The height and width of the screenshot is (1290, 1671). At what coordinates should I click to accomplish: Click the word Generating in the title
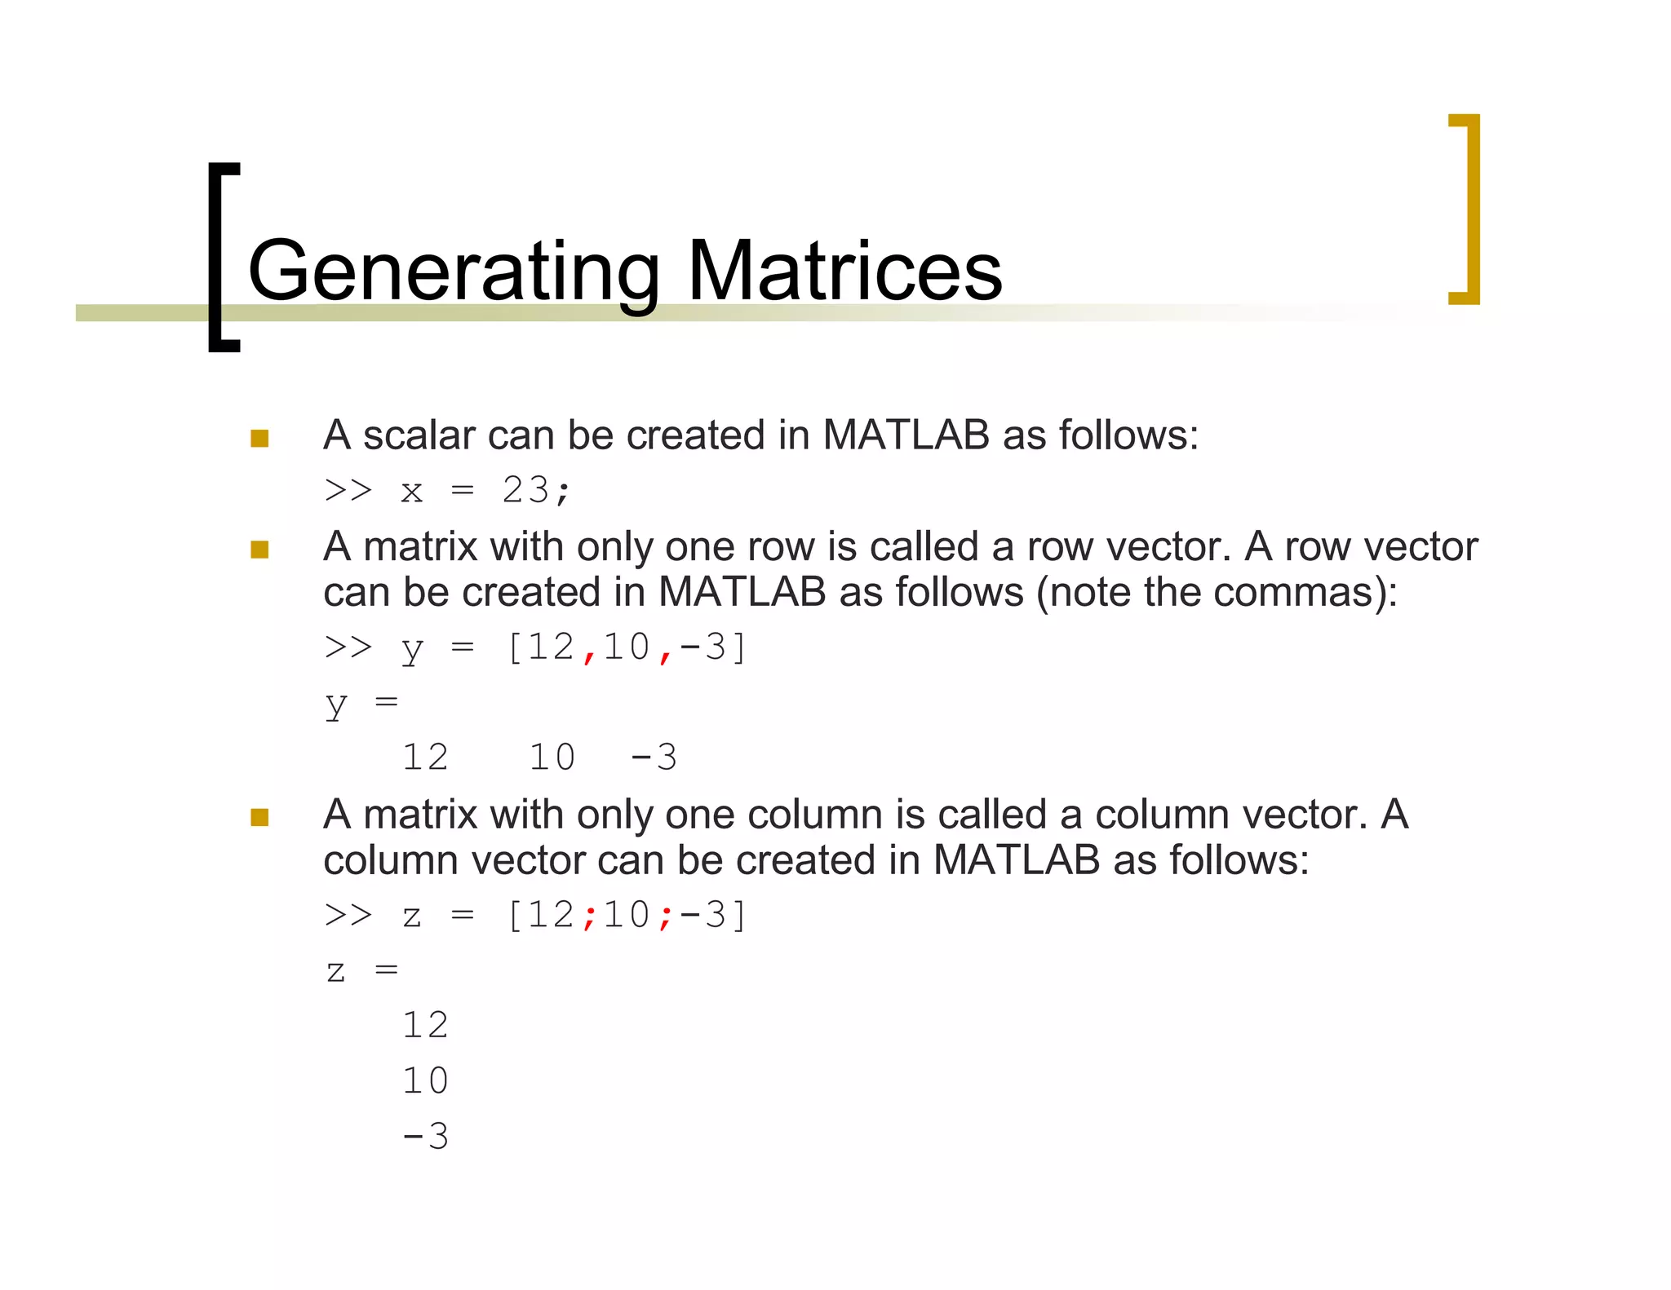(454, 272)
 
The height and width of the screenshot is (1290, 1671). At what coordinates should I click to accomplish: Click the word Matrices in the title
(844, 272)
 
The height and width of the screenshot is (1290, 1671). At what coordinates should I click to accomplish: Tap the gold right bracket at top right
(1466, 209)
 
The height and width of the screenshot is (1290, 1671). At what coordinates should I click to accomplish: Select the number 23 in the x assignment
(525, 490)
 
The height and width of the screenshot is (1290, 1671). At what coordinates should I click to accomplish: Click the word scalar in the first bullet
(419, 435)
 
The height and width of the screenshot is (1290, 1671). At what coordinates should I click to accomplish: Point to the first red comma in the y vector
(589, 652)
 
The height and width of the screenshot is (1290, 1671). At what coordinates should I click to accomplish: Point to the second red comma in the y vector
(666, 652)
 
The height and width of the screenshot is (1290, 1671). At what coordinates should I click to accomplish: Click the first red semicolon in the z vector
(589, 917)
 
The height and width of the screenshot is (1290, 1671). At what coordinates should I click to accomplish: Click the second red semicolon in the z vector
(666, 917)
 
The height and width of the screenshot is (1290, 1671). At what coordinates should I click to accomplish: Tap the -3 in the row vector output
(654, 758)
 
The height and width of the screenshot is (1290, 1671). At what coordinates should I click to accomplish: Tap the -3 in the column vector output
(425, 1137)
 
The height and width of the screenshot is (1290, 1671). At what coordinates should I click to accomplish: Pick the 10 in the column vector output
(425, 1081)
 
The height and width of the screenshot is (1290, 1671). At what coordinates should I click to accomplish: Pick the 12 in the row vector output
(425, 758)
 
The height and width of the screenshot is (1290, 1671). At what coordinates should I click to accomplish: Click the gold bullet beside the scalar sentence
(259, 439)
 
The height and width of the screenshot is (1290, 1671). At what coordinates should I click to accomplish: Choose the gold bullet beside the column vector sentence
(259, 817)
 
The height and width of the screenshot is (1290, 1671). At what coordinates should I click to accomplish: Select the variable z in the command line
(412, 917)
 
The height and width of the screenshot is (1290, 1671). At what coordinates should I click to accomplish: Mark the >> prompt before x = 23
(348, 490)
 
